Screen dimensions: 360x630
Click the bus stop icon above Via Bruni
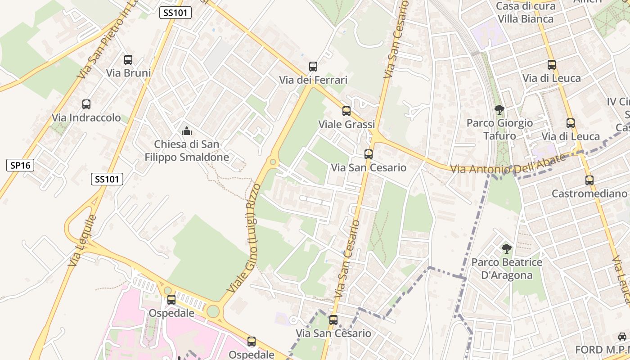click(128, 59)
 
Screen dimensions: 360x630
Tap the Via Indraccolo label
click(86, 118)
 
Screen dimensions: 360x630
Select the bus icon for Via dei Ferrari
click(313, 67)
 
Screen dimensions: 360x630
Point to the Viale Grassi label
click(346, 125)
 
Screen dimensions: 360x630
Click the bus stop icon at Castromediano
click(589, 180)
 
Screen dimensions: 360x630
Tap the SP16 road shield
click(20, 165)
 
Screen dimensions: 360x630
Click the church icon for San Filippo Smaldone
click(186, 131)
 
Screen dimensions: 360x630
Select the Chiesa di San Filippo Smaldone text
click(186, 151)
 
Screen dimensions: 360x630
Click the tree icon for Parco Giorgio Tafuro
click(499, 109)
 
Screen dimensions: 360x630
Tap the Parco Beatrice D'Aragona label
click(507, 269)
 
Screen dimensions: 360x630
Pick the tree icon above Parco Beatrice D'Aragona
click(507, 248)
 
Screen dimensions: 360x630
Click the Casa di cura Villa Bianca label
click(525, 13)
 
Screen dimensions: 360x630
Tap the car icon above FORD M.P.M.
click(622, 337)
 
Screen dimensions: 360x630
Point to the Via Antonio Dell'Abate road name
click(508, 165)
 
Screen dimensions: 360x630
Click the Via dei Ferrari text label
click(313, 80)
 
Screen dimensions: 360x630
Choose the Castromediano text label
click(589, 193)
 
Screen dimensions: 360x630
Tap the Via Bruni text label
click(128, 73)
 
